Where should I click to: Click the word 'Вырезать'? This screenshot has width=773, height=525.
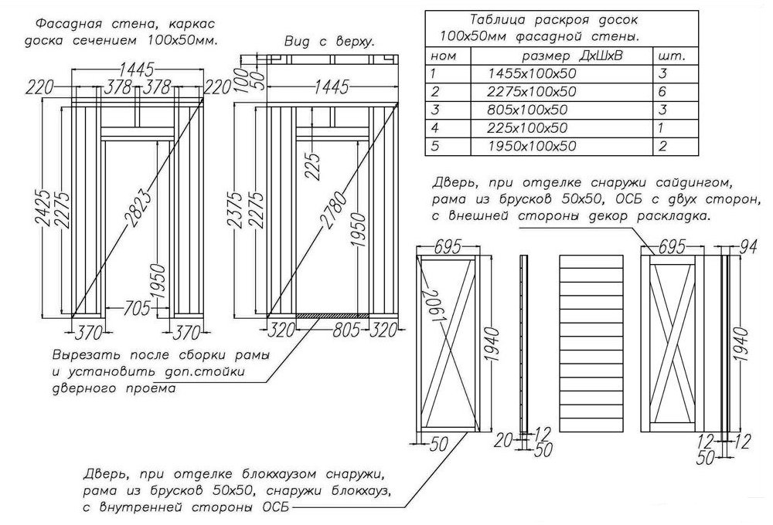point(84,357)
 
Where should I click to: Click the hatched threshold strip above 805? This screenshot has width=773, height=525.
point(333,315)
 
